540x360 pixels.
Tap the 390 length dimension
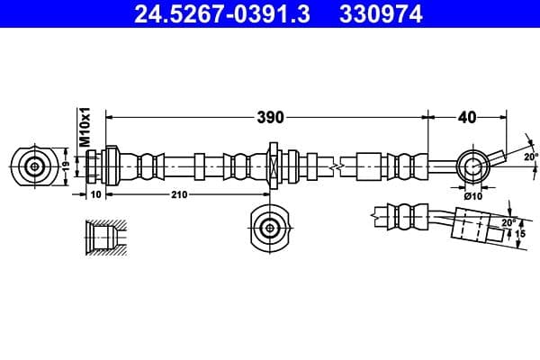[271, 117]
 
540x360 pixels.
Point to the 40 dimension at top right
[467, 117]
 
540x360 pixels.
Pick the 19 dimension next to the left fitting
[65, 166]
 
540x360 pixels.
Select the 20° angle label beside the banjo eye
[531, 156]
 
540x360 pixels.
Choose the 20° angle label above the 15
[507, 221]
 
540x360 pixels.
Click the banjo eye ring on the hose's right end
[472, 166]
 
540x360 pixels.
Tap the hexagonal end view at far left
[34, 166]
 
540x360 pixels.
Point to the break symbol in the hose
[336, 166]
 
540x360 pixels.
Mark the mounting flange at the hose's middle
[272, 166]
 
